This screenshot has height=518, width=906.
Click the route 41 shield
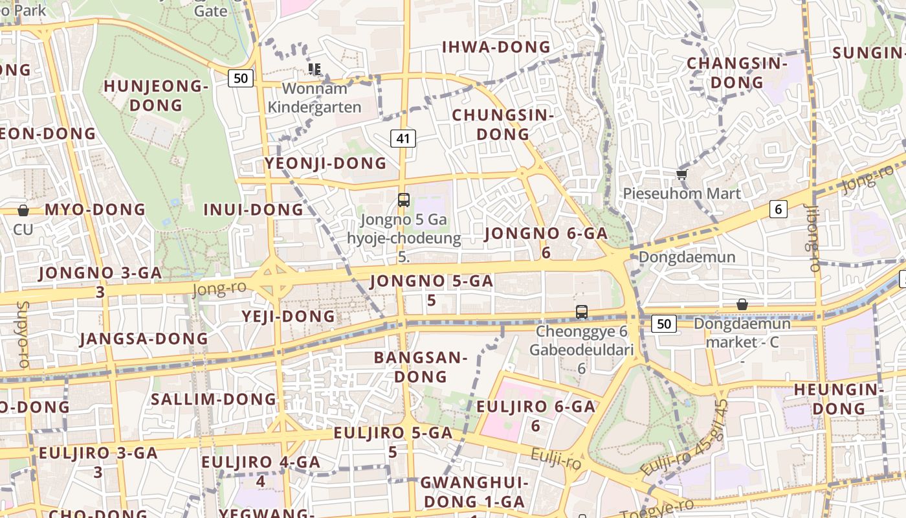(403, 138)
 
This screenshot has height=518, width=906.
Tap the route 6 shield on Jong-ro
(779, 209)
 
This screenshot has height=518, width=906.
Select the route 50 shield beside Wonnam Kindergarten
(240, 78)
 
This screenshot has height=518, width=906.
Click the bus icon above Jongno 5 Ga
(404, 199)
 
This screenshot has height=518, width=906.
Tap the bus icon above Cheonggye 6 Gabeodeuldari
(582, 312)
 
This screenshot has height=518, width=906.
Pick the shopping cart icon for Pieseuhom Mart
(681, 174)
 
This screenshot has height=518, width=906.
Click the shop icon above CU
(23, 210)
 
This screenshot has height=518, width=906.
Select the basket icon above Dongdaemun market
(742, 304)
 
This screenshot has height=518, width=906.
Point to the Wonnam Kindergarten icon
(315, 69)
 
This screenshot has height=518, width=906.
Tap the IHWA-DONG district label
(496, 47)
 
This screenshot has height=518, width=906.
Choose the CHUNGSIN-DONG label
(503, 124)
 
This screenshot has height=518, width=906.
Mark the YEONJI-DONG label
(326, 164)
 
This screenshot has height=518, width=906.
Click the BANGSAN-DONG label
(421, 366)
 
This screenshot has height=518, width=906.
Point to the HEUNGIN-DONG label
(839, 399)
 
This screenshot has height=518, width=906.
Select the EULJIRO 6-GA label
(535, 414)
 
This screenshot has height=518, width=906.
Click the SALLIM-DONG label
(214, 399)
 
